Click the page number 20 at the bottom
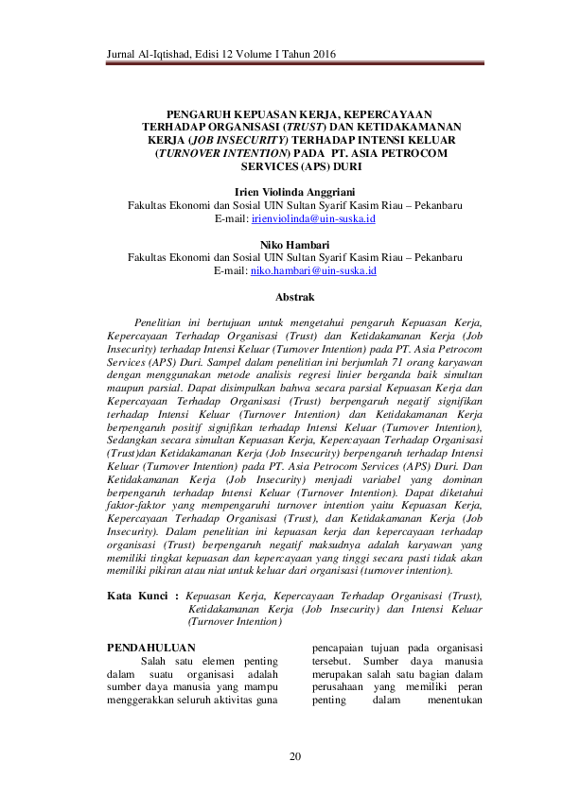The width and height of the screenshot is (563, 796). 294,756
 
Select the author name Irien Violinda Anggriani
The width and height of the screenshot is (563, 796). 294,191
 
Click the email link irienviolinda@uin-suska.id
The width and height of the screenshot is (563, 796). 313,217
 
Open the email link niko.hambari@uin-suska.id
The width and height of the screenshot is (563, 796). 313,270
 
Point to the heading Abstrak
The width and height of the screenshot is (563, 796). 294,297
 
